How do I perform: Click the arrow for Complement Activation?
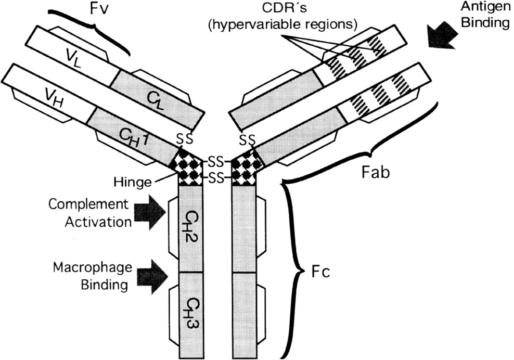pyautogui.click(x=149, y=213)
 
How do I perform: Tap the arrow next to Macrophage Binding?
pyautogui.click(x=149, y=274)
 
